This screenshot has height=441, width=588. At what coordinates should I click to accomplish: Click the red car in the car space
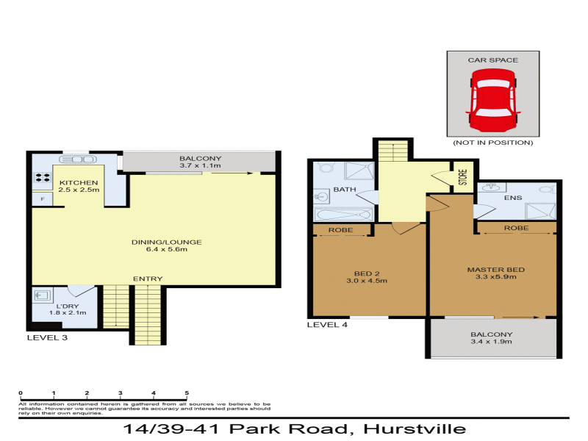[x=492, y=100]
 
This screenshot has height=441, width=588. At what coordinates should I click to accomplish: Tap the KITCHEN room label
[x=78, y=182]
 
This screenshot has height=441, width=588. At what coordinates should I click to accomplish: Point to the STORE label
[x=463, y=178]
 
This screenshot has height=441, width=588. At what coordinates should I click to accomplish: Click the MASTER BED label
[x=492, y=269]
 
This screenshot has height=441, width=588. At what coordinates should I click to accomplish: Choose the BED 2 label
[x=366, y=272]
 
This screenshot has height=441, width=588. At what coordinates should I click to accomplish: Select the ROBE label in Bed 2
[x=342, y=230]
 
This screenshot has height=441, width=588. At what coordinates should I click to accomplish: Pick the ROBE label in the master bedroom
[x=516, y=229]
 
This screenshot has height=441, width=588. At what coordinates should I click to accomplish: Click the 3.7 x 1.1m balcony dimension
[x=200, y=167]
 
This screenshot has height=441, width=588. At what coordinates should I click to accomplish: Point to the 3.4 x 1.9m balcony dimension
[x=492, y=343]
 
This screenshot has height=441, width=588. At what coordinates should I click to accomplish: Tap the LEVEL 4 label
[x=327, y=324]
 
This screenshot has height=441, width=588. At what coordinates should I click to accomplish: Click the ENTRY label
[x=148, y=279]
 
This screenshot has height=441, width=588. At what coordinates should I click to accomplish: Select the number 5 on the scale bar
[x=187, y=393]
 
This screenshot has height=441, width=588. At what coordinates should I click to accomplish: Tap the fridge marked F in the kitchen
[x=43, y=198]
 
